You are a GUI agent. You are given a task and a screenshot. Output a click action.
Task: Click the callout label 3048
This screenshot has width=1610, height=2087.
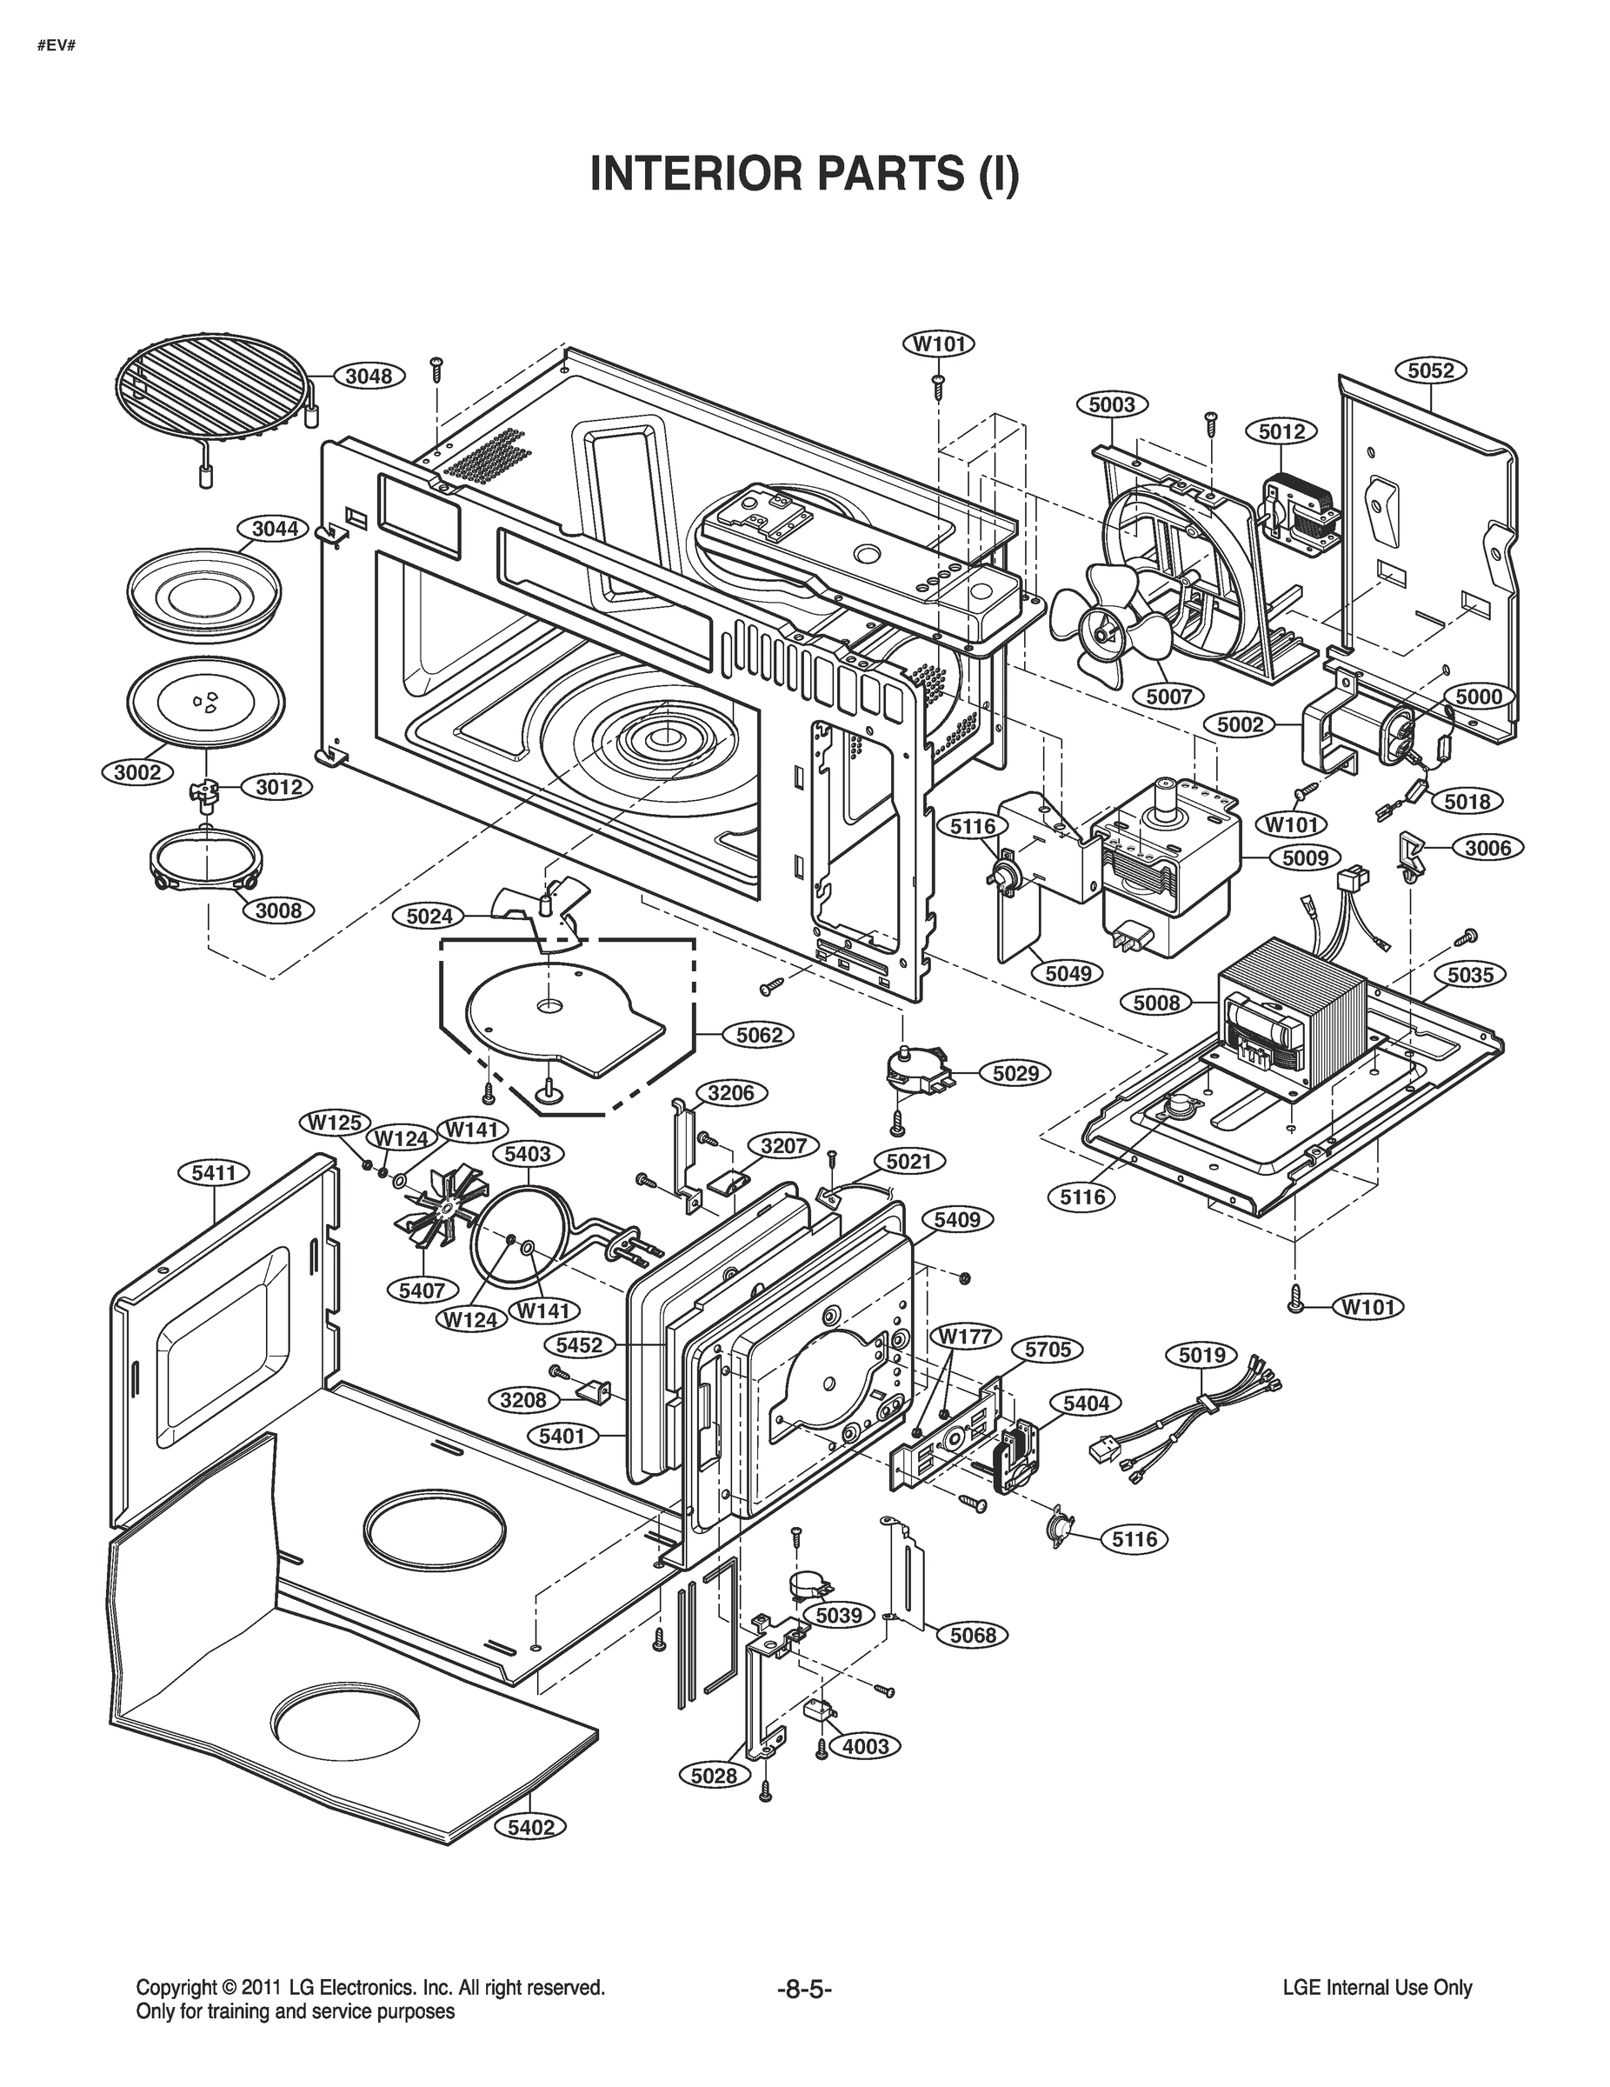click(369, 376)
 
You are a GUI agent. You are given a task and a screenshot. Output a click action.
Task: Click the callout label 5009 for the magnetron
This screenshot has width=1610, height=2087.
click(1305, 858)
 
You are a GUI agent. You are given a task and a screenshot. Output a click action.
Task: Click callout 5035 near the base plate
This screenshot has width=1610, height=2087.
click(1469, 976)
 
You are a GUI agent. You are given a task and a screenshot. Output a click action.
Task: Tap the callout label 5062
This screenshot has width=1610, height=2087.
click(760, 1035)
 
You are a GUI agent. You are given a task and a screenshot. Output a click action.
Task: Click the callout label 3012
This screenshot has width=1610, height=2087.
click(278, 786)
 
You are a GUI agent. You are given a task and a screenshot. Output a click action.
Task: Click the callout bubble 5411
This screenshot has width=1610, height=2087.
click(214, 1173)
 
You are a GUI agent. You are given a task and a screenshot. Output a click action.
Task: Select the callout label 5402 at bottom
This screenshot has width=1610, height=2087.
click(530, 1827)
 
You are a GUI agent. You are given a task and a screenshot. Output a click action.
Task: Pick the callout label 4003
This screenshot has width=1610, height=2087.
click(866, 1746)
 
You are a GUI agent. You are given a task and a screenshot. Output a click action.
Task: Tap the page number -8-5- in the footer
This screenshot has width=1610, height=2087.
click(804, 1990)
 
